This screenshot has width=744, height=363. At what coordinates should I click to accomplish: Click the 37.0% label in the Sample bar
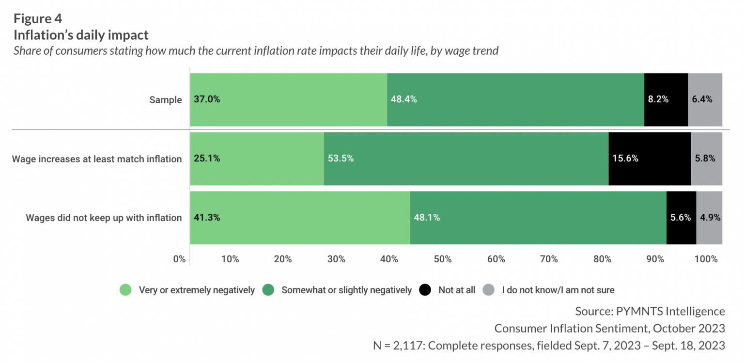[207, 99]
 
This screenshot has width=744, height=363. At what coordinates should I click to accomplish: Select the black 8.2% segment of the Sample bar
[666, 99]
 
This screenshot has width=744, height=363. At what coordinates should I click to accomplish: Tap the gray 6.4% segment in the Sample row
[705, 99]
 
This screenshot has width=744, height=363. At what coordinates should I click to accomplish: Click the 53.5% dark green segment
[465, 158]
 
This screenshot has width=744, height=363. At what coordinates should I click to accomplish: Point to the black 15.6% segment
[649, 158]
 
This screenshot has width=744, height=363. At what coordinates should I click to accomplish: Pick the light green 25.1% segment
[257, 158]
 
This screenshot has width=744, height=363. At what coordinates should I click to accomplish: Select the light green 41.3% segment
[300, 218]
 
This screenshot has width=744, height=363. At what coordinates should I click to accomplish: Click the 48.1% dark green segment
[538, 218]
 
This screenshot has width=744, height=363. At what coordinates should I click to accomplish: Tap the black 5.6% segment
[681, 218]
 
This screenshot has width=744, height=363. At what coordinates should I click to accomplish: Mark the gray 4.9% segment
[709, 218]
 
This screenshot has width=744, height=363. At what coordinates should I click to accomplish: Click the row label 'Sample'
[165, 100]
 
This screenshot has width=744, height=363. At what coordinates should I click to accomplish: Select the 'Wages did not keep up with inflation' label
[104, 218]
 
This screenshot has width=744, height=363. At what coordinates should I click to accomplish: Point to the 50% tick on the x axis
[443, 259]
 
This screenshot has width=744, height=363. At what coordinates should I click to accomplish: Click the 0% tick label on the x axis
[179, 259]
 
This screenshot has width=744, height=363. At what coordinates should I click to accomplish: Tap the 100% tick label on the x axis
[706, 259]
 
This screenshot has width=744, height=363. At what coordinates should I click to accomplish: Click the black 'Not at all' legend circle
[425, 290]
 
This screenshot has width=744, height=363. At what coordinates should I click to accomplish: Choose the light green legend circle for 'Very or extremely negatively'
[126, 290]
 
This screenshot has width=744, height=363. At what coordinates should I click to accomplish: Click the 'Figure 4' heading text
[38, 19]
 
